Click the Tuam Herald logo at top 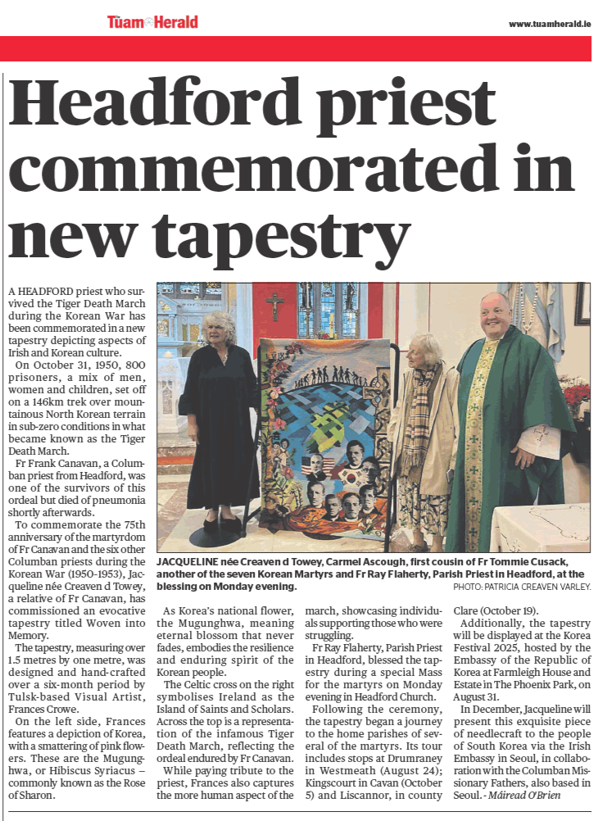point(152,22)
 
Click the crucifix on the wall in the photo point(274,305)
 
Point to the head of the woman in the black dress point(220,323)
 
